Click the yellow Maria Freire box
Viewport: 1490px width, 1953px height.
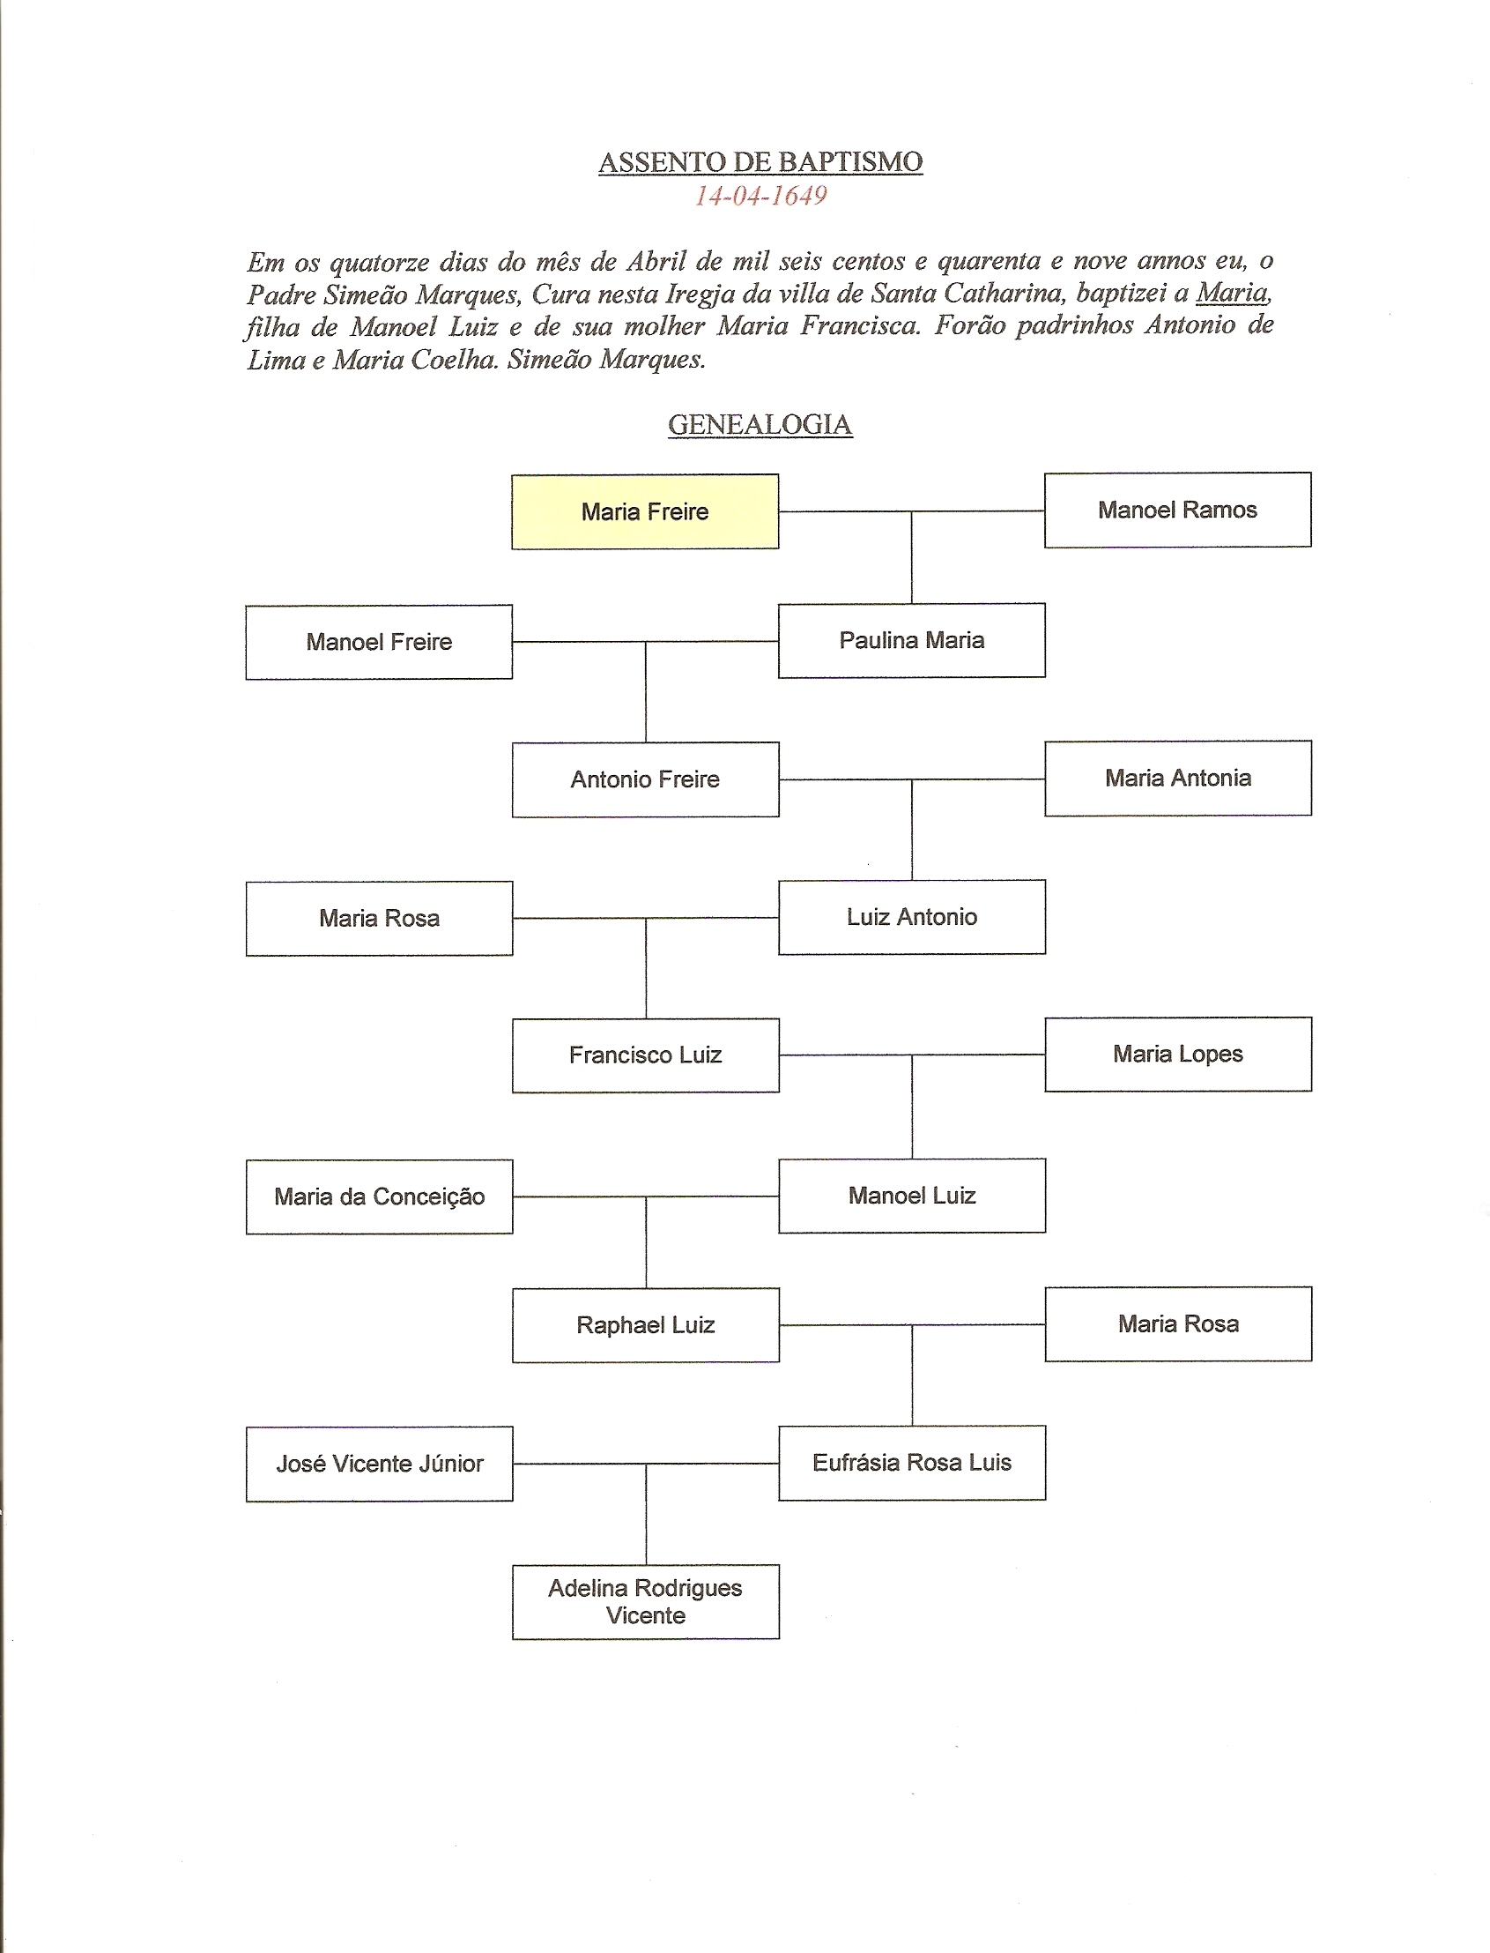tap(645, 512)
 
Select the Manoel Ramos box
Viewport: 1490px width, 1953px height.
tap(1177, 511)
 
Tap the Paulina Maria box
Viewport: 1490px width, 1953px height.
tap(912, 641)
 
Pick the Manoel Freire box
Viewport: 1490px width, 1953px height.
tap(379, 643)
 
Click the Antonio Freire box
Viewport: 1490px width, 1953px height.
tap(645, 779)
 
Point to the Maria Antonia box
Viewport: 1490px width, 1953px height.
tap(1178, 779)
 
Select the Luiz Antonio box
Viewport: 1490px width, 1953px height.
tap(912, 918)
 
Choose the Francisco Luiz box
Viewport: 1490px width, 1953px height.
tap(645, 1055)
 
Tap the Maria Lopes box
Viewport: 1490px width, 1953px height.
tap(1178, 1055)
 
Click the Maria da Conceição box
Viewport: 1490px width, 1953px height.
tap(379, 1197)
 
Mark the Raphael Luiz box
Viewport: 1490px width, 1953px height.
tap(645, 1324)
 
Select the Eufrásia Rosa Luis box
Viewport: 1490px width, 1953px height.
tap(912, 1462)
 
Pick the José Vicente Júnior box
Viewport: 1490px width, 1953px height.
tap(379, 1464)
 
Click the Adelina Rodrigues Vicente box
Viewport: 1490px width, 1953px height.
tap(645, 1601)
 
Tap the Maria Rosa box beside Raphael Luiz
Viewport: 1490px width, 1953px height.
tap(1178, 1323)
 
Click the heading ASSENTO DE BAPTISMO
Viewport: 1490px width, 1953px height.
tap(760, 162)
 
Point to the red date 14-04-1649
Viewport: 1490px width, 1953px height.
tap(760, 196)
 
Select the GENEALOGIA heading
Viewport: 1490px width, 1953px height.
tap(760, 425)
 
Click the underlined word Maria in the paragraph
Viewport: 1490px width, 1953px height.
tap(1232, 293)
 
